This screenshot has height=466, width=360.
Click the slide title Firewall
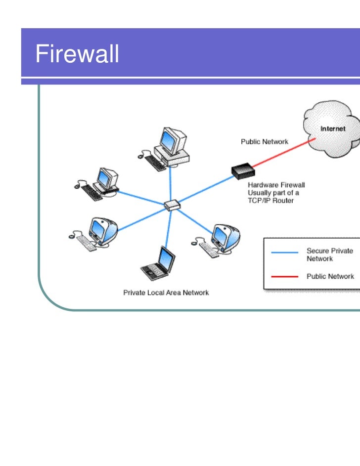point(77,54)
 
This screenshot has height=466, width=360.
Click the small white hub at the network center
point(172,205)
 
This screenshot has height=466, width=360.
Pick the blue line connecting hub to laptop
point(168,227)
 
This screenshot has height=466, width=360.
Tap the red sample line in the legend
point(285,277)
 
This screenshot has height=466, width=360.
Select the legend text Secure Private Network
point(329,254)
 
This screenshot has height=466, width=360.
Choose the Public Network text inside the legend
point(330,276)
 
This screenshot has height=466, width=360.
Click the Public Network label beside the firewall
point(264,142)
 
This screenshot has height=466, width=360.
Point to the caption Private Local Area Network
point(166,293)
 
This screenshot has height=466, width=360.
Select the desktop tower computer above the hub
point(171,146)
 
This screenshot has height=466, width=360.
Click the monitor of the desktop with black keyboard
point(106,177)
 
